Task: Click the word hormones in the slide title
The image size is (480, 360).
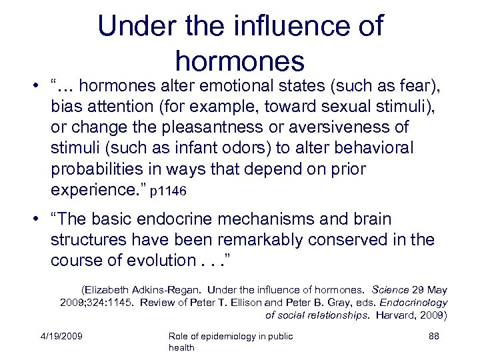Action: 240,61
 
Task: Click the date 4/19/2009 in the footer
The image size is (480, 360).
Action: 61,336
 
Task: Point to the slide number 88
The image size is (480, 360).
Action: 433,336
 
